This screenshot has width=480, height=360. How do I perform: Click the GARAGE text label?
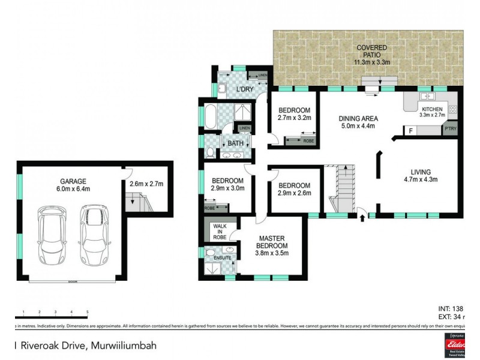coord(73,181)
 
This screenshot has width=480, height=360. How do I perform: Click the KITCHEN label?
coord(431,109)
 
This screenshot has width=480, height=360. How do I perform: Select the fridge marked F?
coord(410,130)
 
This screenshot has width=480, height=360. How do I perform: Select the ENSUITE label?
coord(215,257)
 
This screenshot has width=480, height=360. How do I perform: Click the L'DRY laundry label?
coord(244,89)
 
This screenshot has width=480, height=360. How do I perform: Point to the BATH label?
coord(235,143)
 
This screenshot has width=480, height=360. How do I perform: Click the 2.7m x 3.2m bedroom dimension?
coord(293,118)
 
